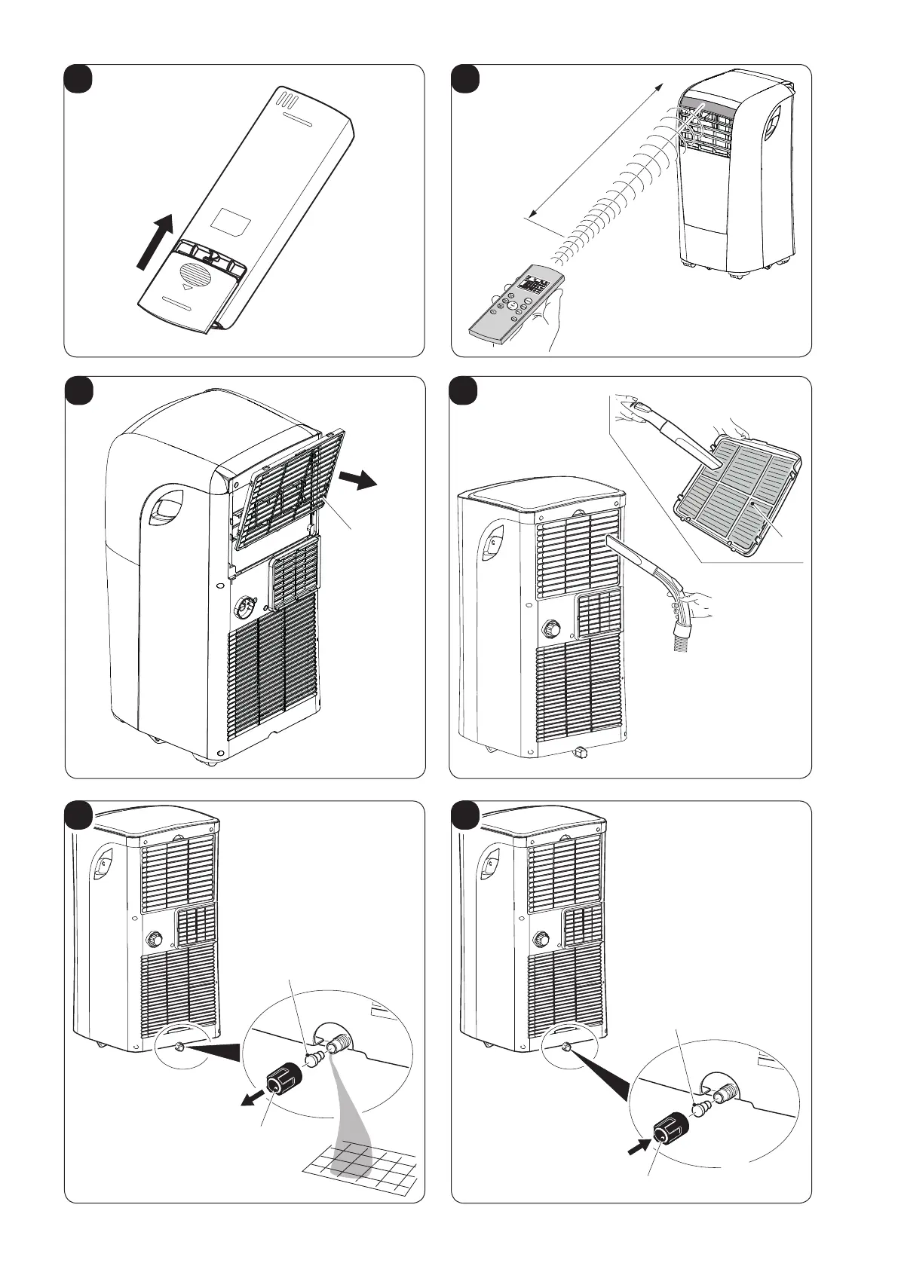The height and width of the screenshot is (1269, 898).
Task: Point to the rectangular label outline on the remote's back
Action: click(232, 220)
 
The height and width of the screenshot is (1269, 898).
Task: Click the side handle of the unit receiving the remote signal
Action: click(774, 120)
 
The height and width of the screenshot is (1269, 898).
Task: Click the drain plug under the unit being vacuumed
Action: click(580, 751)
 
